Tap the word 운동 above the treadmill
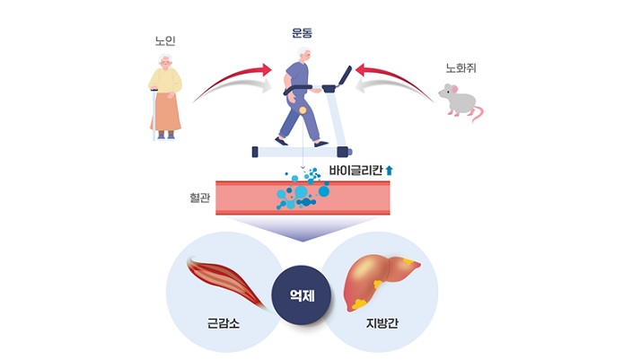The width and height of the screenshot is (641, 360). [303, 33]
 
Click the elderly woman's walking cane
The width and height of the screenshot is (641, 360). [154, 117]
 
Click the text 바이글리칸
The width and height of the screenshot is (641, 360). [357, 169]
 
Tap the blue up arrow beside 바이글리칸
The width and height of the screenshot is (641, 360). [391, 169]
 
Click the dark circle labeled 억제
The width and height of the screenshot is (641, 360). [303, 296]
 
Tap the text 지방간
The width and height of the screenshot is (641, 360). [382, 321]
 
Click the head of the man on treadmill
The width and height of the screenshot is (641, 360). [303, 56]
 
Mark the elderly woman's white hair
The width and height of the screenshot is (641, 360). [164, 59]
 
